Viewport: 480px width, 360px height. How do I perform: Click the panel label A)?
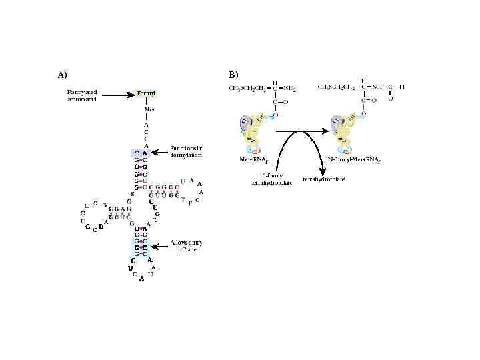coord(61,74)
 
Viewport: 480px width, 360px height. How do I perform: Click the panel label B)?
coord(233,74)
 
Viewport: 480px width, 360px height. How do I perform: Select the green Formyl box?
coord(146,93)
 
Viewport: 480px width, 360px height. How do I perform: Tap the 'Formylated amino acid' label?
coord(82,95)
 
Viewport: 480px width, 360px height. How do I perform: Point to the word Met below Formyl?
coord(149,108)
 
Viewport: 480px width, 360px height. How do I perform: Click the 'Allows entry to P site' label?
coord(186,246)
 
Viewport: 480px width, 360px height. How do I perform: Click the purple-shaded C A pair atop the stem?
coord(141,153)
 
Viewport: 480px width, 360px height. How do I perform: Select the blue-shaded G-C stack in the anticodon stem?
coord(141,247)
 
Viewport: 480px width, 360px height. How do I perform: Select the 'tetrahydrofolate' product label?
coord(324,179)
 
